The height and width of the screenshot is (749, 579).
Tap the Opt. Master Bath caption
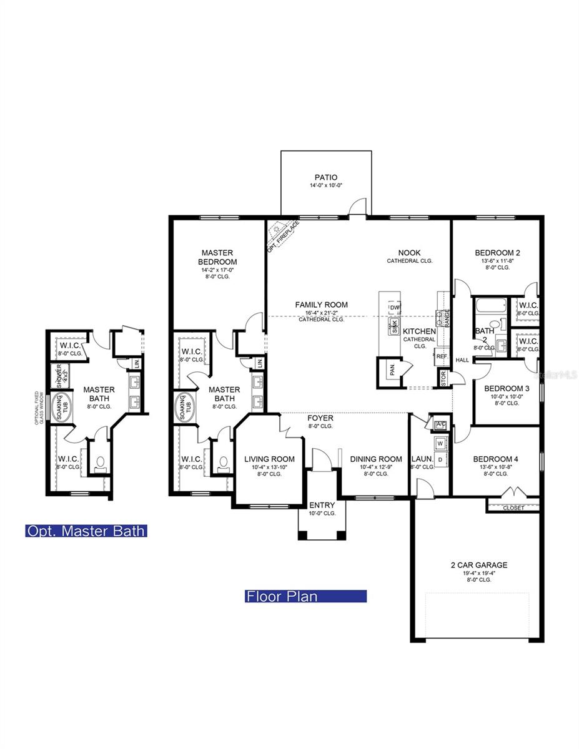[x=86, y=531]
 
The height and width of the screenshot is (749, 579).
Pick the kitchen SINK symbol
[x=394, y=326]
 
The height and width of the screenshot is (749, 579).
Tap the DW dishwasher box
[x=394, y=308]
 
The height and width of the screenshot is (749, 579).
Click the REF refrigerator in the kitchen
[x=442, y=356]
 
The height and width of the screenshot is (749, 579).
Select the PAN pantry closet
[x=391, y=371]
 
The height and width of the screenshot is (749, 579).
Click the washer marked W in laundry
[x=440, y=444]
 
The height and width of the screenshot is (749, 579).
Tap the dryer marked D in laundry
[x=440, y=460]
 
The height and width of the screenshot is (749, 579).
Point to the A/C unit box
[x=439, y=424]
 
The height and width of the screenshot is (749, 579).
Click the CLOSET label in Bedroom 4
[x=513, y=508]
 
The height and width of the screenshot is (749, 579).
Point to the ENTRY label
[x=322, y=505]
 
